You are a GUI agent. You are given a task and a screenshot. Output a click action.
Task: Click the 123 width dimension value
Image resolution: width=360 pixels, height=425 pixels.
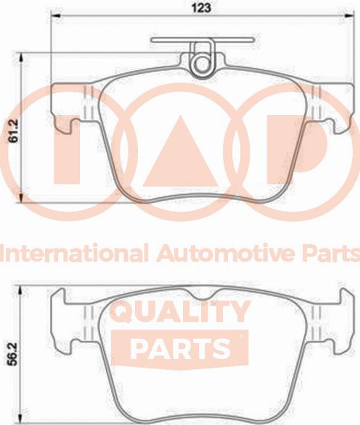point(201,8)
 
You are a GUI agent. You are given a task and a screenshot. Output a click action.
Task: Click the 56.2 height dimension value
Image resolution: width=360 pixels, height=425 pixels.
point(13,354)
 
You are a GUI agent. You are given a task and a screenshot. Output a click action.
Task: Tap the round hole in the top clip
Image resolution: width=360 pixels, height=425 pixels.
point(202,64)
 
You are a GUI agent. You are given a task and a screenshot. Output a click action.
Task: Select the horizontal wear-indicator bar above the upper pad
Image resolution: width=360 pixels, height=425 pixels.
point(203,40)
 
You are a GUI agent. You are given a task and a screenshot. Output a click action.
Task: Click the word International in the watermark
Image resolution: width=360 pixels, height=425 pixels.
point(74,253)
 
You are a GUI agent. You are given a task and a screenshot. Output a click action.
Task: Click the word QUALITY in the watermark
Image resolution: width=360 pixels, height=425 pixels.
point(181,312)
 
